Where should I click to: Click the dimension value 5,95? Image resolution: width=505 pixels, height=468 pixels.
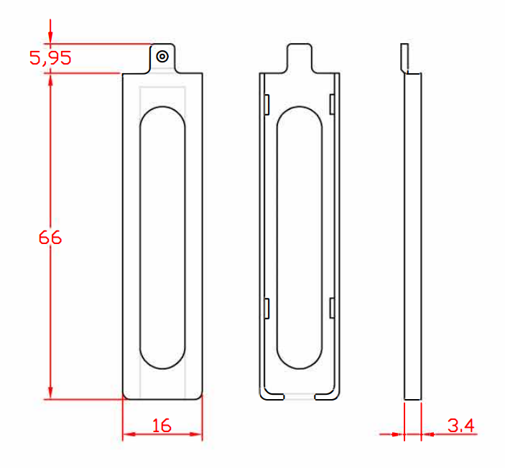pyautogui.click(x=50, y=58)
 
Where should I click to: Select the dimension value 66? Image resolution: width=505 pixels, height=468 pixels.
pyautogui.click(x=50, y=237)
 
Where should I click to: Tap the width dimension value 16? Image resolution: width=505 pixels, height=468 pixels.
pyautogui.click(x=162, y=426)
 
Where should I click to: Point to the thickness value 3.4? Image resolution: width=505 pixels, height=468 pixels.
pyautogui.click(x=460, y=426)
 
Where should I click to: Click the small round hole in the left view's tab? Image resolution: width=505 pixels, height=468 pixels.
pyautogui.click(x=162, y=56)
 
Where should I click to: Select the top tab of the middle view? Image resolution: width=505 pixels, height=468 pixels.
pyautogui.click(x=300, y=57)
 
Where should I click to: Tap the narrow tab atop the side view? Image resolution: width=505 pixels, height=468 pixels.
pyautogui.click(x=404, y=57)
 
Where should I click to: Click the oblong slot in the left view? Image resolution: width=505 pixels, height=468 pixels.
pyautogui.click(x=162, y=237)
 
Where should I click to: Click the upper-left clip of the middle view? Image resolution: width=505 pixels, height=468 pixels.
pyautogui.click(x=266, y=104)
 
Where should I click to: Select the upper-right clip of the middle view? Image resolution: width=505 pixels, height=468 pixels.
pyautogui.click(x=332, y=104)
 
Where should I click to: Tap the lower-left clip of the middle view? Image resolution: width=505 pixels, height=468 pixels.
pyautogui.click(x=266, y=308)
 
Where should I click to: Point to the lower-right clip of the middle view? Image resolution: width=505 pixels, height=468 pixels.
pyautogui.click(x=332, y=308)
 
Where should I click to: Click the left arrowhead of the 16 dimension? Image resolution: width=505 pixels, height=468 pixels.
pyautogui.click(x=130, y=434)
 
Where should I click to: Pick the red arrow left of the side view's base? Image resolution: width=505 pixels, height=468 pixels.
pyautogui.click(x=396, y=434)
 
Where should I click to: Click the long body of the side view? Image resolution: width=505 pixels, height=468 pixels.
pyautogui.click(x=412, y=237)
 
